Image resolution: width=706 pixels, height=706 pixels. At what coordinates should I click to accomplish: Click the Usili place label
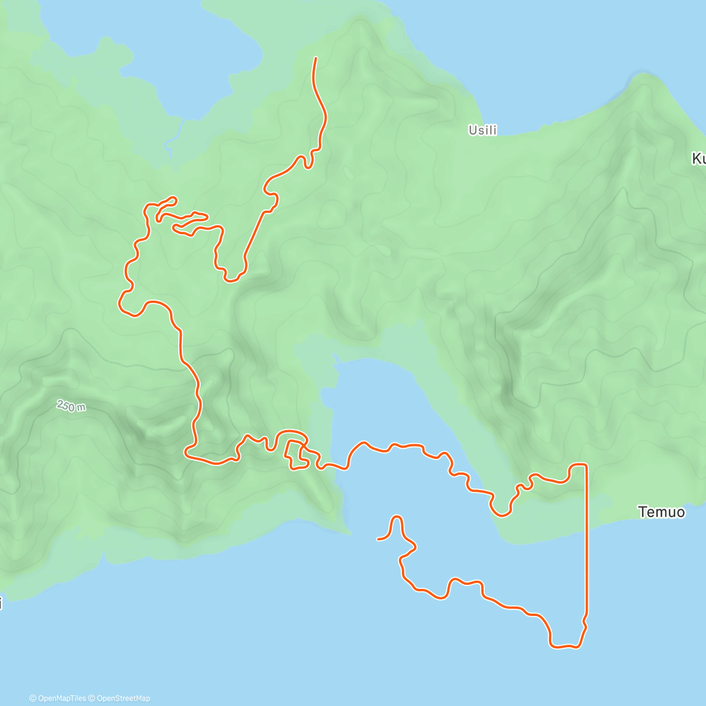click(x=482, y=130)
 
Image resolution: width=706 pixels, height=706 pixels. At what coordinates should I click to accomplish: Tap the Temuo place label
click(x=661, y=512)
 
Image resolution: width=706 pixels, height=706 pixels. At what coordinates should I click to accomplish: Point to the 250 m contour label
click(x=71, y=405)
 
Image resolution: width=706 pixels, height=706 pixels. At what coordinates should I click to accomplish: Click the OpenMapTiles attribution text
click(x=57, y=698)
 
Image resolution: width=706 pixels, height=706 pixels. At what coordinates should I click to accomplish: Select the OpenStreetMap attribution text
click(x=123, y=698)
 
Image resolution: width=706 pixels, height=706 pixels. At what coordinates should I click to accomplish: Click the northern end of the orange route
click(x=315, y=58)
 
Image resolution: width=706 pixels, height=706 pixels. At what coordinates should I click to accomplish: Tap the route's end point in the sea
click(x=378, y=539)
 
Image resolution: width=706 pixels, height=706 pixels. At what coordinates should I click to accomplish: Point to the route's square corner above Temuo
click(x=585, y=465)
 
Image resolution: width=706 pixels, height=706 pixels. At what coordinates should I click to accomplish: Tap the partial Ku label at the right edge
click(x=698, y=159)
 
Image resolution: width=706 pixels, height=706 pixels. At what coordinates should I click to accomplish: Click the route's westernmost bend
click(x=121, y=305)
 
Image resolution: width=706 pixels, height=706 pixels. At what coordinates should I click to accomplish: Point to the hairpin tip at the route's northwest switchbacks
click(x=174, y=198)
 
